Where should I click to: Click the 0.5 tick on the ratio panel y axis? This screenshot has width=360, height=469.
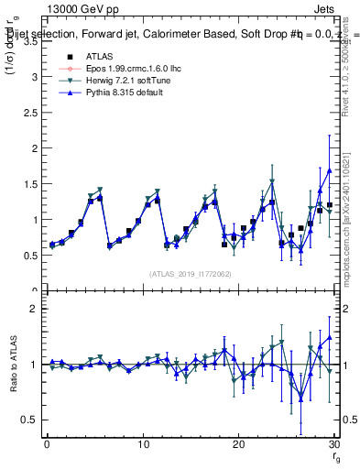29,420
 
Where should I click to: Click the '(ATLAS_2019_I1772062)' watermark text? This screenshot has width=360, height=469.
190,273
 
